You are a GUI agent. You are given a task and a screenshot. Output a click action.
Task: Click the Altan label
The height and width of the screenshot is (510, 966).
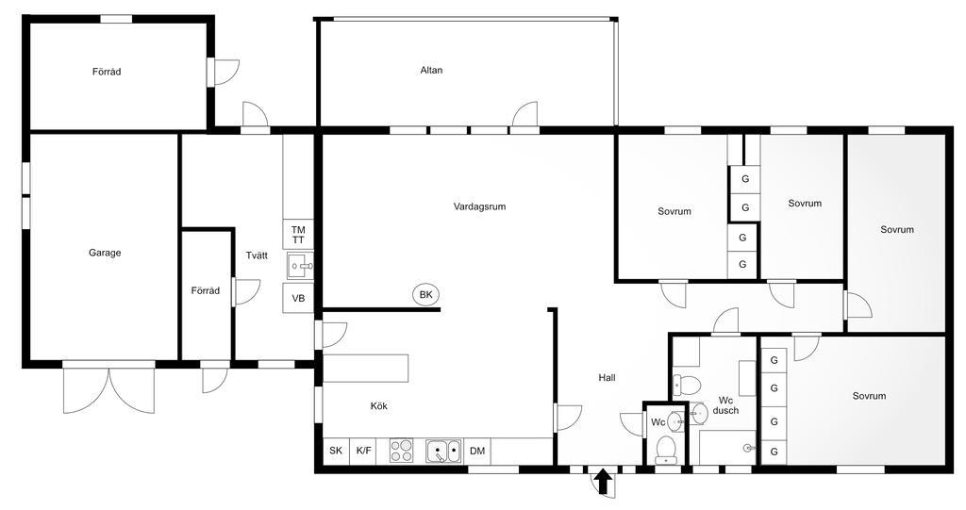click(431, 70)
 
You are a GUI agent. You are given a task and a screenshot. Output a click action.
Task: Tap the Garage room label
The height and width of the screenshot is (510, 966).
click(105, 253)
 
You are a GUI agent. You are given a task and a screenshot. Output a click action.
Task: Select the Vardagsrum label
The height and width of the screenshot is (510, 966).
click(479, 206)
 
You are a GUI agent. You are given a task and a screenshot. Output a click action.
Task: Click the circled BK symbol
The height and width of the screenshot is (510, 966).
click(425, 295)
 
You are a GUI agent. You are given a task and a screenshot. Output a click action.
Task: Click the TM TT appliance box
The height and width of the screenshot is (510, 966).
click(298, 235)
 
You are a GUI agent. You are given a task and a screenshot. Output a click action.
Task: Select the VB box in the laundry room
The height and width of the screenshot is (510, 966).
click(298, 298)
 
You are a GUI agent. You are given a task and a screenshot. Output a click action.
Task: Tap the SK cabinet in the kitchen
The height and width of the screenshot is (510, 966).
click(336, 451)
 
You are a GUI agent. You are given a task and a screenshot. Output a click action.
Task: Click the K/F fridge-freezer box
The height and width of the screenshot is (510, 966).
click(363, 451)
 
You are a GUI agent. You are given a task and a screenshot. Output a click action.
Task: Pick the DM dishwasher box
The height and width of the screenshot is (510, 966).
click(477, 451)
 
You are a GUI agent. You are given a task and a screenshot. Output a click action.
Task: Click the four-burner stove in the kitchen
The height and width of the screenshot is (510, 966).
click(402, 451)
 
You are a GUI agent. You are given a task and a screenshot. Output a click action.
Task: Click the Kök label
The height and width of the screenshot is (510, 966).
click(379, 406)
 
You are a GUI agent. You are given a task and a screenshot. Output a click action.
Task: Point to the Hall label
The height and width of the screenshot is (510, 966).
click(607, 378)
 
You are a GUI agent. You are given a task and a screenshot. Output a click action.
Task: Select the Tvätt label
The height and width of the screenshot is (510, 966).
click(257, 255)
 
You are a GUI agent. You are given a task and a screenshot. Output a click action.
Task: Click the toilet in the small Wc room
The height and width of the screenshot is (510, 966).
click(665, 450)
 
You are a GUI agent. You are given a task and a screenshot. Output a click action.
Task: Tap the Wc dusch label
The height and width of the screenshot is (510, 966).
click(724, 405)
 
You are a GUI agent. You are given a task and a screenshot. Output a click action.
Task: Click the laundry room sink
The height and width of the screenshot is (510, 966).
click(299, 266)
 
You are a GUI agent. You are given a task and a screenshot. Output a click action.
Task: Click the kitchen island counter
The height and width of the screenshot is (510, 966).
click(366, 369)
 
